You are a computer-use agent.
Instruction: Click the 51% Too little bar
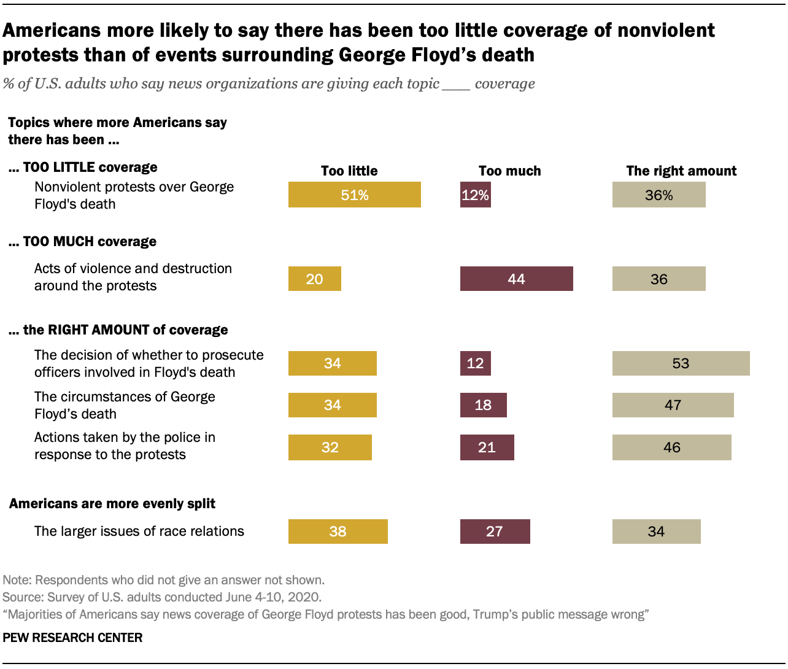(x=354, y=195)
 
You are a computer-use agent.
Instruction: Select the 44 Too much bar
(x=516, y=279)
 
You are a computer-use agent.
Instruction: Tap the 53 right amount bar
(x=681, y=363)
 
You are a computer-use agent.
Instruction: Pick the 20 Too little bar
(x=314, y=279)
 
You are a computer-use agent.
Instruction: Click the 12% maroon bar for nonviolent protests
(x=475, y=195)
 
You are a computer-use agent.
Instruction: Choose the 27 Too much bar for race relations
(x=495, y=532)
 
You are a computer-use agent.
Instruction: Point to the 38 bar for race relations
(x=338, y=532)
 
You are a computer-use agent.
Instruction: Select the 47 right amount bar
(x=673, y=405)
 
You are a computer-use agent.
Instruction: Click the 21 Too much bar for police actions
(x=487, y=447)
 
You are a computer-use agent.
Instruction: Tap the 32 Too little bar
(x=330, y=447)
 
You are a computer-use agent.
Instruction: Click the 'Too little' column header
(x=349, y=171)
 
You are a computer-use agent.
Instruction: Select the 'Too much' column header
(x=509, y=171)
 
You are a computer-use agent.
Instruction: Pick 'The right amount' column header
(x=681, y=171)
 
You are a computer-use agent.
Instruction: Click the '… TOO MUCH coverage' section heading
(x=82, y=242)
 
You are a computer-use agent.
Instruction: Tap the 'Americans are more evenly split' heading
(x=112, y=504)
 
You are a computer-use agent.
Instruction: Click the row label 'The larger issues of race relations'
(x=139, y=532)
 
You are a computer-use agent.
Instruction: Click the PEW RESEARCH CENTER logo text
(x=72, y=638)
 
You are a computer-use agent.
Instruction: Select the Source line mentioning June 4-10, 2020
(x=162, y=597)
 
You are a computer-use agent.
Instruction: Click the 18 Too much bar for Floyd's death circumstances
(x=483, y=405)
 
